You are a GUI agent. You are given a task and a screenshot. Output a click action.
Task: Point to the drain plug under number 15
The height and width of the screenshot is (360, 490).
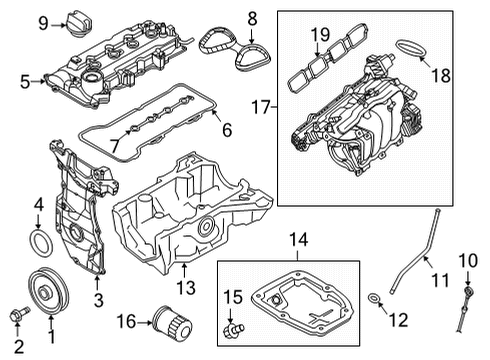[234, 328]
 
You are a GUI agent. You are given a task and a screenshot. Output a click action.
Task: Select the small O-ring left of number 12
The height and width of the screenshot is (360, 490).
[373, 298]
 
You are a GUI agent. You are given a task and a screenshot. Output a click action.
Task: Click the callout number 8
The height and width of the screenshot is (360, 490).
[251, 17]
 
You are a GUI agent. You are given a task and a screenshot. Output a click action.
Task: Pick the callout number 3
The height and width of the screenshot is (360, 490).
[97, 300]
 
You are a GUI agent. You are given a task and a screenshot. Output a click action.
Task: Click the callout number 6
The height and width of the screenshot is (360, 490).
[226, 129]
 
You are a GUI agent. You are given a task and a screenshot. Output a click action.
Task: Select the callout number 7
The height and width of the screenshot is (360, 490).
[114, 146]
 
